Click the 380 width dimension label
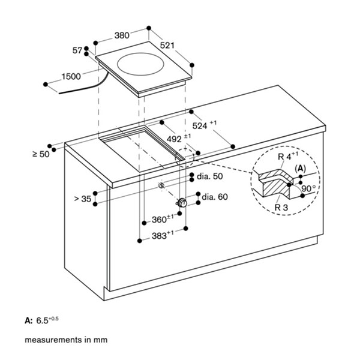tap(122, 35)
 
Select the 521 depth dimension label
tap(167, 46)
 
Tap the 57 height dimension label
tap(77, 50)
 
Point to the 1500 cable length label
tap(71, 76)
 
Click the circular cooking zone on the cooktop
tap(140, 64)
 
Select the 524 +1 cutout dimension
tap(204, 125)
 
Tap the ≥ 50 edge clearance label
tap(41, 154)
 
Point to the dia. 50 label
tap(210, 176)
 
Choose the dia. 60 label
tap(215, 197)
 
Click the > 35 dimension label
tap(83, 199)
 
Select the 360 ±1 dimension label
tap(163, 219)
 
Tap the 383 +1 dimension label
tap(163, 235)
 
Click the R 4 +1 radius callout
tap(288, 156)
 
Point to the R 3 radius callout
tap(281, 208)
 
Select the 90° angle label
tap(308, 188)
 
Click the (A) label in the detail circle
tap(301, 169)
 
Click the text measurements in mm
tap(66, 340)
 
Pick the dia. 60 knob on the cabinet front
tap(182, 203)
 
